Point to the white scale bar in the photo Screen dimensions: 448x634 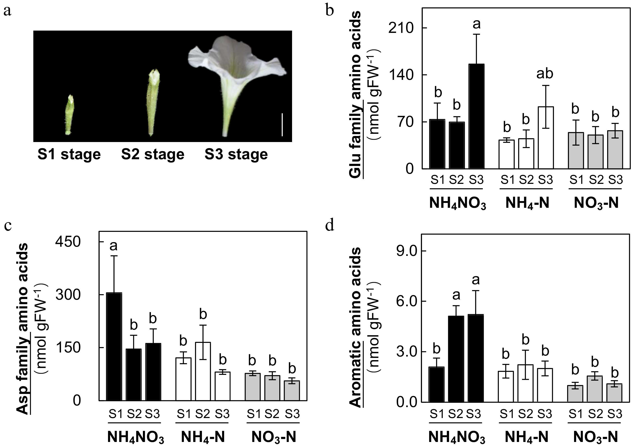click(282, 124)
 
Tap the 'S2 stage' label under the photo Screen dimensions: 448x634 click(153, 154)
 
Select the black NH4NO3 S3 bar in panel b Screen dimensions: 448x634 click(476, 116)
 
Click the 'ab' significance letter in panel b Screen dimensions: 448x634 click(545, 74)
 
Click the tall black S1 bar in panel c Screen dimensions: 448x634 click(114, 346)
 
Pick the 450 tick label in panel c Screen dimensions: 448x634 click(68, 242)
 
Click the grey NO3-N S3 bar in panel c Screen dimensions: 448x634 click(292, 391)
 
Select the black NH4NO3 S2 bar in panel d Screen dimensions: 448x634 click(456, 359)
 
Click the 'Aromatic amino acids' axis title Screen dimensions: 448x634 click(356, 327)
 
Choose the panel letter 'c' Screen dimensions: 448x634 click(8, 226)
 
